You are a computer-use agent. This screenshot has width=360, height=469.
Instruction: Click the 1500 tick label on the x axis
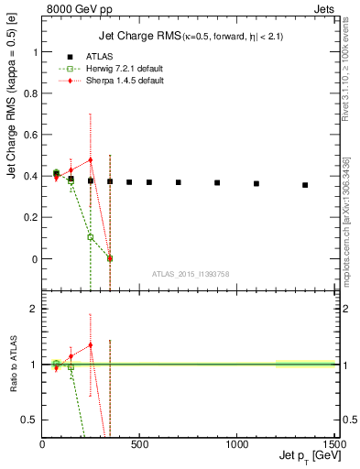point(334,444)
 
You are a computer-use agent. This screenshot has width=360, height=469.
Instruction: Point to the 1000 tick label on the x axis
point(236,444)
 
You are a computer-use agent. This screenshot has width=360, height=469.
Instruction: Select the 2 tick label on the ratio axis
point(33,310)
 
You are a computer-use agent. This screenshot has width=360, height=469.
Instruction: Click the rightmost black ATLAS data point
point(305,185)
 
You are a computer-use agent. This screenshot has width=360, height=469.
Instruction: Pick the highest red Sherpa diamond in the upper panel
point(90,160)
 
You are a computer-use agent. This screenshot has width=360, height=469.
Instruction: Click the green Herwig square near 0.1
point(90,237)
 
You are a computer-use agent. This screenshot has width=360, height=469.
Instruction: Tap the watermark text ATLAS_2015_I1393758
point(191,273)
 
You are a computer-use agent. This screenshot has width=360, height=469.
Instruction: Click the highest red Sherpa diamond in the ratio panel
point(90,345)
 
